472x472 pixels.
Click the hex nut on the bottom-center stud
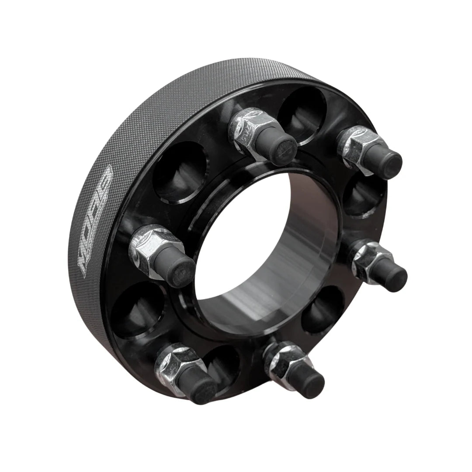click(282, 361)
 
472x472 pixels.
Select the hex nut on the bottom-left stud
click(175, 365)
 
